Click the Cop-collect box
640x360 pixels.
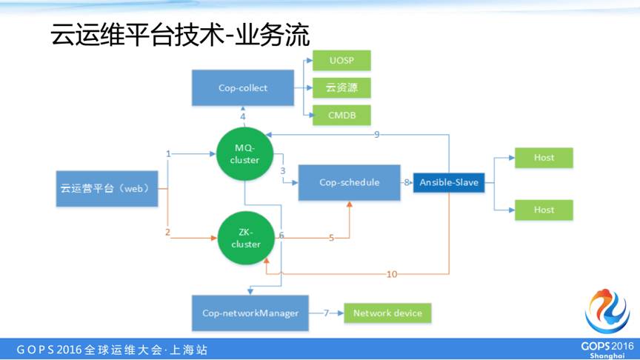(x=242, y=88)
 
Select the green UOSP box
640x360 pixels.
(x=341, y=60)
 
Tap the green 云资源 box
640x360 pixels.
(x=341, y=87)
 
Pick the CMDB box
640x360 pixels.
(x=341, y=115)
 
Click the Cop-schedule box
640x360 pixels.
(x=349, y=182)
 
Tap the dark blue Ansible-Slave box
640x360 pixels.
(x=449, y=182)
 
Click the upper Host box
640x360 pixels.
(x=544, y=158)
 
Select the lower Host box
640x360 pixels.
(x=544, y=210)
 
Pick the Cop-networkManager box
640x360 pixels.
(x=250, y=313)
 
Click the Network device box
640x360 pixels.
(x=387, y=313)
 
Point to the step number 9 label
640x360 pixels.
(x=377, y=134)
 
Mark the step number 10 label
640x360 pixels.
(x=392, y=274)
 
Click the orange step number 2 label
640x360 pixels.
(x=168, y=233)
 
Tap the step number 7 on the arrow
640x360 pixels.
(x=326, y=313)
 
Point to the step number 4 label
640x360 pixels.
(x=243, y=117)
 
